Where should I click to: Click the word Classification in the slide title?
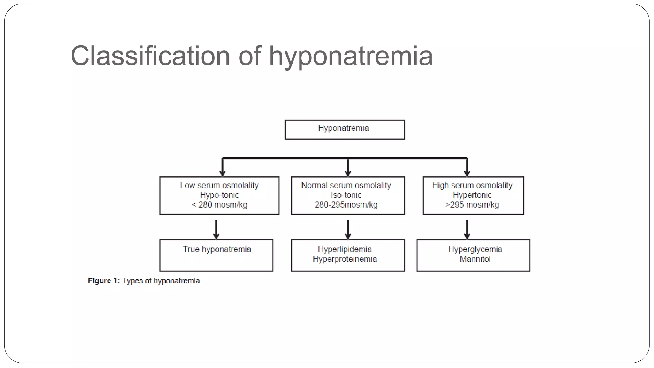point(150,56)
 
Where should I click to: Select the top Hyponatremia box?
point(345,129)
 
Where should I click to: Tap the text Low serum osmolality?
point(219,185)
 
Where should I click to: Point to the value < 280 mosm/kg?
point(219,205)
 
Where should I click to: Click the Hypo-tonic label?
point(219,195)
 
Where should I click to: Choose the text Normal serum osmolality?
point(346,185)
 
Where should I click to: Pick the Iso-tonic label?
point(346,195)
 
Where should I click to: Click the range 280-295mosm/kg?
point(346,205)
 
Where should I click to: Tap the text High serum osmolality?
point(472,185)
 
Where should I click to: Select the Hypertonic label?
point(472,195)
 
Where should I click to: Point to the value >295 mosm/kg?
point(472,205)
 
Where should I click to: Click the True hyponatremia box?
point(217,255)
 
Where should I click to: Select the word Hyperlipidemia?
point(345,249)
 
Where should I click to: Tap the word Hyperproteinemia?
point(345,259)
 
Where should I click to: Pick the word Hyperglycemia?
point(475,249)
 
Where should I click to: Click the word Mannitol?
point(475,259)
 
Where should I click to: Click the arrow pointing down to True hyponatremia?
point(216,230)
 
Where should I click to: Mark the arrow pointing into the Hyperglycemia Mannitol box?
point(467,230)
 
